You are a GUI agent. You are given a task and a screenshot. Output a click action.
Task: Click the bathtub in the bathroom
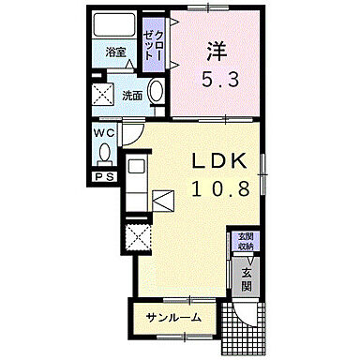[116, 25]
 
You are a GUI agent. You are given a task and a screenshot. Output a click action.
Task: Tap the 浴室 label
[114, 52]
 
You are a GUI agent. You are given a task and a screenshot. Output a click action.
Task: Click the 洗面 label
[131, 95]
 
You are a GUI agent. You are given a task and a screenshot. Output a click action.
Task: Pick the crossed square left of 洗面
[102, 95]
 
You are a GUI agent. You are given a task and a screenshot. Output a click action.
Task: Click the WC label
[103, 133]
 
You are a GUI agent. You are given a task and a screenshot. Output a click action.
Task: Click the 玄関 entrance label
[246, 280]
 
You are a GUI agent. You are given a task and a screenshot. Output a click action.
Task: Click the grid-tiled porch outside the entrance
[252, 323]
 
